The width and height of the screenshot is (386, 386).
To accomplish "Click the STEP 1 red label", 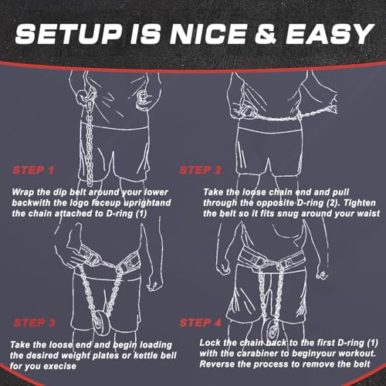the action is (x=33, y=170).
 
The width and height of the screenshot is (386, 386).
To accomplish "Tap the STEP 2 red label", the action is (x=201, y=170).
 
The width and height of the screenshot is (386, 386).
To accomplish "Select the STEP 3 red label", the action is (x=34, y=323).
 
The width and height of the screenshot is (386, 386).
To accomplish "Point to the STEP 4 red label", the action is (x=201, y=323).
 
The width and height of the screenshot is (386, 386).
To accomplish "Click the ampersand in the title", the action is (x=266, y=34).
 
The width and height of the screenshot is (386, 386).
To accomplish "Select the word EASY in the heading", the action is (x=330, y=34).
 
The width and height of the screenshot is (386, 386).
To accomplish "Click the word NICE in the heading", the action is (x=208, y=34).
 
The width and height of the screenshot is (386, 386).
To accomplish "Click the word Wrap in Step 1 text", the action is (x=22, y=192).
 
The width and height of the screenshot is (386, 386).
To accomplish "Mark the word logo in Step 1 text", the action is (x=80, y=203).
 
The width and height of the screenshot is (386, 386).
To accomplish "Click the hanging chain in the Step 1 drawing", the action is (x=89, y=144).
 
